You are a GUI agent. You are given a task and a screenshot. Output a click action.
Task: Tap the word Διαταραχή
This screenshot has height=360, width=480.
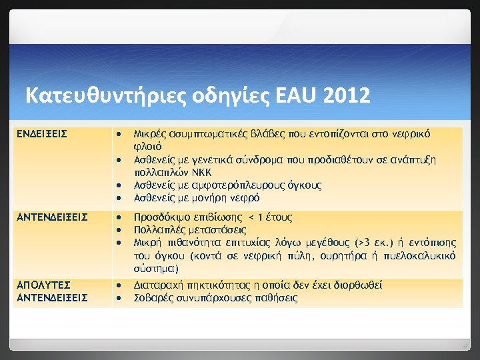click(x=160, y=285)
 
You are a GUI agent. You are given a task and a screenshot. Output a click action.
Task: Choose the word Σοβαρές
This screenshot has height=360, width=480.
click(x=153, y=298)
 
